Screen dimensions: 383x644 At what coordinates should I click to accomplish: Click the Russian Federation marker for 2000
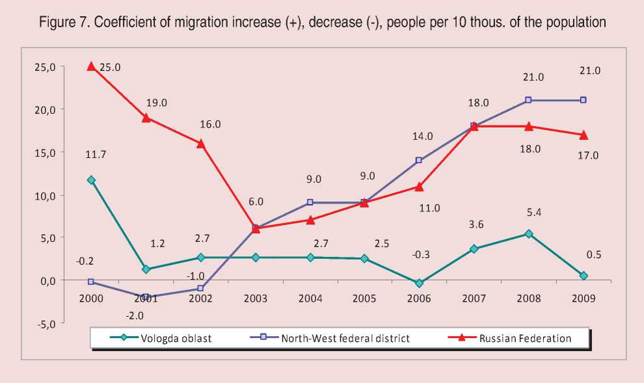coord(91,66)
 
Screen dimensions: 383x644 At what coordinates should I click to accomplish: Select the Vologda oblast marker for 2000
coord(91,180)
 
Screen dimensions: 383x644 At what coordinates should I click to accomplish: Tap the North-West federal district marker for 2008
coord(529,100)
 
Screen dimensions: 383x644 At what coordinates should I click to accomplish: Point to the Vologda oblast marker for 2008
coord(529,234)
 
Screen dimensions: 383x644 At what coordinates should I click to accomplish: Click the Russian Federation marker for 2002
coord(201,144)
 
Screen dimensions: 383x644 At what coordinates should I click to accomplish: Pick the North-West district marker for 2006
coord(420,160)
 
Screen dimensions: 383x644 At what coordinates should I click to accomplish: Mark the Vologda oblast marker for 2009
coord(584,276)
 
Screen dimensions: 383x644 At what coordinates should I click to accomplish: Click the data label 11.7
coord(95,155)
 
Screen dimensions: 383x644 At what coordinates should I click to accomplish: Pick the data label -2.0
coord(135,316)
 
